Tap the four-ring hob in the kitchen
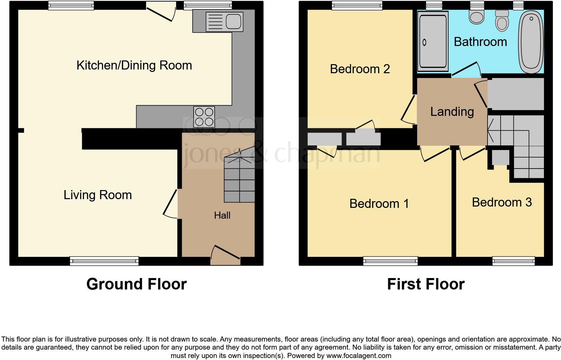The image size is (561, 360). coord(204,117)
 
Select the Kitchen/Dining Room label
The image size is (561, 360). coord(134,65)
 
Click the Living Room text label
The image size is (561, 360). coord(98,195)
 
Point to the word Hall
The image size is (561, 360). coord(222,215)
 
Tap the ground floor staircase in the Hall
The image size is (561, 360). coord(239,180)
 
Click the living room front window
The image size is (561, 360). coord(104,261)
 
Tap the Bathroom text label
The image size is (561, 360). coord(480,42)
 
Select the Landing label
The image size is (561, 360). coord(452,112)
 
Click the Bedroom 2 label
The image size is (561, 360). coord(360,69)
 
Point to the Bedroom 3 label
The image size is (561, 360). coord(502,202)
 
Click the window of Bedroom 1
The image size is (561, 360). coord(391,261)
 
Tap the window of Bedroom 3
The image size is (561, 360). coord(513,261)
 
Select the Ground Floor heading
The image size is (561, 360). coord(136,284)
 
